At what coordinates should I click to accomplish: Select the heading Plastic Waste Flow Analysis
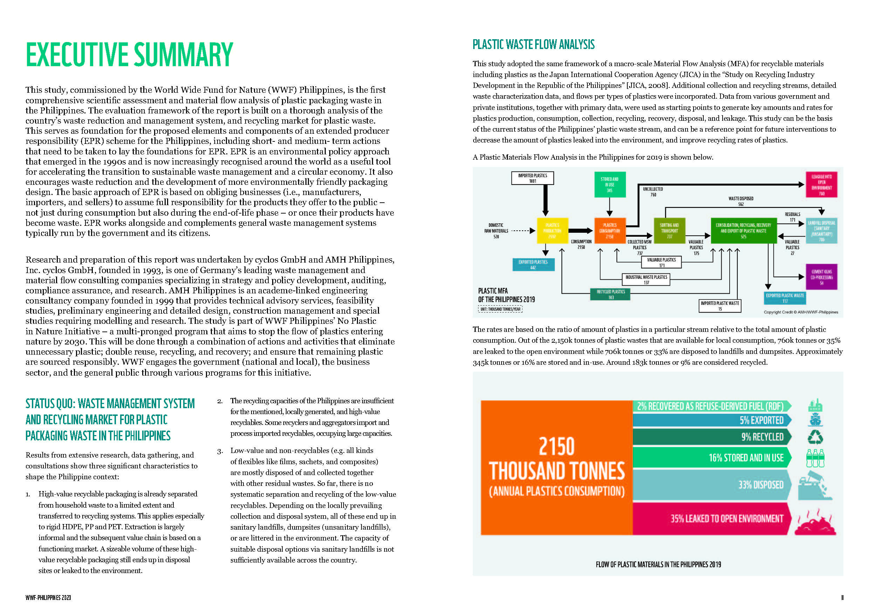click(x=533, y=45)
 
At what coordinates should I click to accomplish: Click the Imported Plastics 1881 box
click(x=532, y=178)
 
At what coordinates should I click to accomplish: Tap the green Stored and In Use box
click(x=609, y=184)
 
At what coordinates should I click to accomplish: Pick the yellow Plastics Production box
click(x=552, y=230)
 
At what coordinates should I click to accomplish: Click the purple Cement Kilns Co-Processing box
click(x=821, y=277)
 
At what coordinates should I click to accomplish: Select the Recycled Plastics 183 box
click(x=611, y=294)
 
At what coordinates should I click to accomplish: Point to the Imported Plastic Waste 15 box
click(x=719, y=306)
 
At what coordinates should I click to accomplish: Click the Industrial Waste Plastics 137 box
click(x=646, y=280)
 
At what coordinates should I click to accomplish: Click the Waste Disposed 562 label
click(x=741, y=201)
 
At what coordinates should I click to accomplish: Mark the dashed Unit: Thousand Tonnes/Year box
click(x=500, y=309)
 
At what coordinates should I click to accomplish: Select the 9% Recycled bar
click(x=711, y=437)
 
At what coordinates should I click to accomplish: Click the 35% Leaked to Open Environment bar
click(x=711, y=518)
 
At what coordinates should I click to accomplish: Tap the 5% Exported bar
click(x=711, y=420)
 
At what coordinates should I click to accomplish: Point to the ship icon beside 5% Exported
click(x=815, y=420)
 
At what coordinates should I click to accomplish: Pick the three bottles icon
click(x=815, y=458)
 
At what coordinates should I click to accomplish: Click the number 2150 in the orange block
click(x=556, y=446)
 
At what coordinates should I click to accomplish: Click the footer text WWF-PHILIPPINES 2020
click(x=48, y=598)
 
